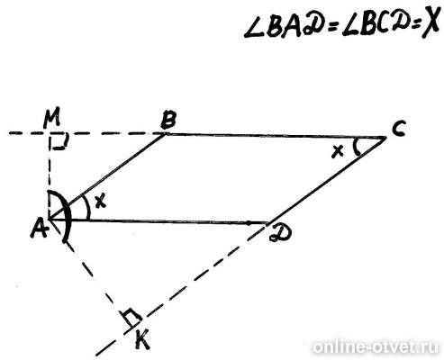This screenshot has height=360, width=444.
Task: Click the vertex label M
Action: tap(51, 119)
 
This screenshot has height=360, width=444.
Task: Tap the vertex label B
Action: tap(168, 120)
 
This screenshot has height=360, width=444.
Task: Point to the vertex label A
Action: tap(40, 228)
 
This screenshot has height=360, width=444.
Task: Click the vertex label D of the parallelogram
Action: tap(280, 232)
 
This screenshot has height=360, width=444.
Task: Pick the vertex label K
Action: tap(141, 339)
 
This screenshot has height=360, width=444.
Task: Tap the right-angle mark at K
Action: tap(131, 318)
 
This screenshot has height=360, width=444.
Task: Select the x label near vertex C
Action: tap(338, 151)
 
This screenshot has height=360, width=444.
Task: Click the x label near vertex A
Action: tap(101, 201)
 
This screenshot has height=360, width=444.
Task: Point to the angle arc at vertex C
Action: tap(355, 147)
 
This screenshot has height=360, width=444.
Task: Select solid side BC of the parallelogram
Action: tap(276, 135)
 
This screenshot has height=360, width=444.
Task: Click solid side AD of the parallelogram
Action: tap(159, 221)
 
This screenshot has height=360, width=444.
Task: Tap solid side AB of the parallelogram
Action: tap(106, 176)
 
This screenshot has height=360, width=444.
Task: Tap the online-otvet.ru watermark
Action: tap(376, 347)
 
